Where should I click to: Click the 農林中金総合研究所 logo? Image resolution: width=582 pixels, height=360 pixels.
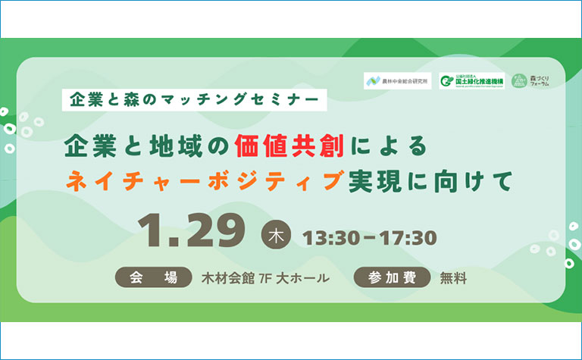[398, 80]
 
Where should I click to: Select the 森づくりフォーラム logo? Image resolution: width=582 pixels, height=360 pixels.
[530, 80]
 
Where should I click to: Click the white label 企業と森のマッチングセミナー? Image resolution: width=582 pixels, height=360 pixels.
[194, 99]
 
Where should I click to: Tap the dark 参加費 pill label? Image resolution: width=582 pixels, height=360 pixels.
[393, 278]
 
